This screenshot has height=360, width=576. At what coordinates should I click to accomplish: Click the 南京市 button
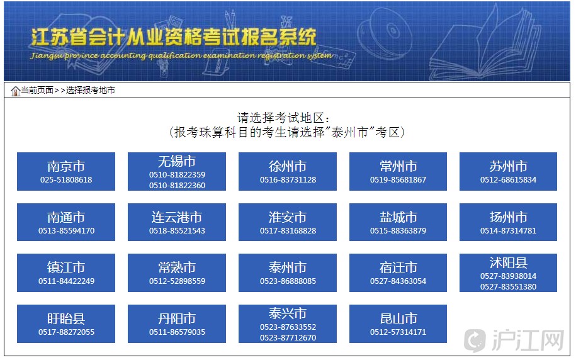point(66,172)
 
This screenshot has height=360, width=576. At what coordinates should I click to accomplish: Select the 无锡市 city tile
point(177,172)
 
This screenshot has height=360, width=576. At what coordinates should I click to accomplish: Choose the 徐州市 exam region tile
point(288,172)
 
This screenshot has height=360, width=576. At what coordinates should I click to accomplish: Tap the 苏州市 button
point(509,172)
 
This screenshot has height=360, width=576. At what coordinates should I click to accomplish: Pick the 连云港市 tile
point(177,222)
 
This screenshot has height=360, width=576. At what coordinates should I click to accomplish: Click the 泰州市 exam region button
point(288,273)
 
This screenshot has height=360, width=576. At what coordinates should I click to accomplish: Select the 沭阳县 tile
point(509,273)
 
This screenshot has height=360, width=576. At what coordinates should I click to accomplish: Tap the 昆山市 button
point(398,323)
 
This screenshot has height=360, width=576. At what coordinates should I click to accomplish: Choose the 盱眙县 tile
point(66,323)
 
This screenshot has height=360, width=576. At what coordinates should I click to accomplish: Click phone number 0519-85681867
point(398,179)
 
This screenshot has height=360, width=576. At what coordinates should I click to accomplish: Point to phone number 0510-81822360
point(177,186)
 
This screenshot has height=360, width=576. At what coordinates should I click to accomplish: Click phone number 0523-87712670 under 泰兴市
point(288,337)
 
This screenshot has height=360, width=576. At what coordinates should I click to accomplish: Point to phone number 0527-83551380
point(509,286)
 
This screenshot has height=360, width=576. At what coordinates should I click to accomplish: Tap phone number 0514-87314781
point(509,231)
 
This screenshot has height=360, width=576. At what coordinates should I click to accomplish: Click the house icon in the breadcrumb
point(16,91)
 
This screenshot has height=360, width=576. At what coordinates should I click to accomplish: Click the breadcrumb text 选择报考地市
point(91,91)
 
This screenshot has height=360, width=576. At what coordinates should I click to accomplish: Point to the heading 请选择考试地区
point(283,118)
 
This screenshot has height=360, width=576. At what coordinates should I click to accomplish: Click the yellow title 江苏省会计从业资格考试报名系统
point(173,38)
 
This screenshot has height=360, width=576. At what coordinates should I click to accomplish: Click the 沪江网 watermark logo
point(514,340)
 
